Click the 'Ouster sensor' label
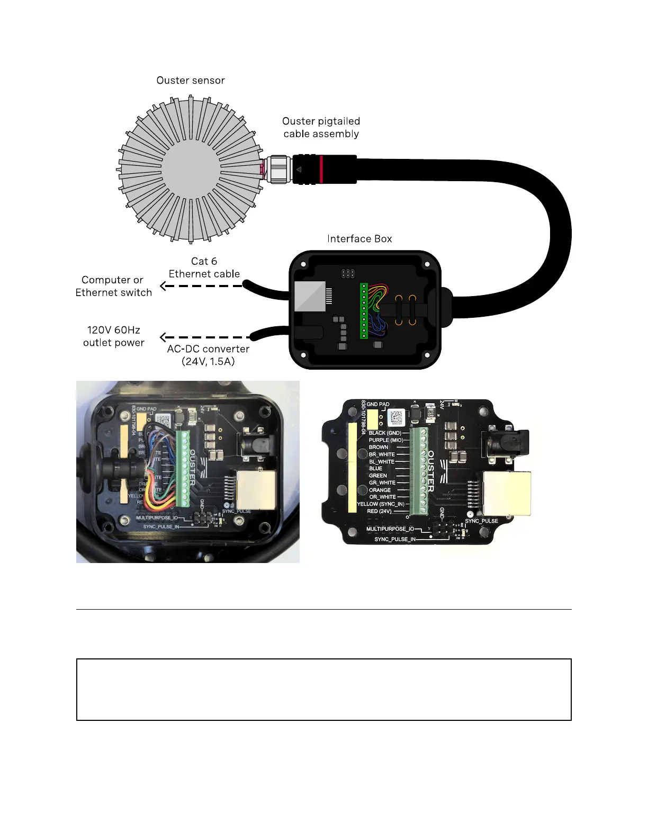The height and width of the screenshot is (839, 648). pyautogui.click(x=191, y=81)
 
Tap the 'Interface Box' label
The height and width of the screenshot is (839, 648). pyautogui.click(x=359, y=239)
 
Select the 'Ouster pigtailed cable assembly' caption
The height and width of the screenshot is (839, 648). pyautogui.click(x=321, y=128)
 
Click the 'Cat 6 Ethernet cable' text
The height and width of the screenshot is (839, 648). pyautogui.click(x=204, y=267)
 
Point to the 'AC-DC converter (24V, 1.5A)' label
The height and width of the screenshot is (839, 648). pyautogui.click(x=208, y=355)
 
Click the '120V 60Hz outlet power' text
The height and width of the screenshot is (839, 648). pyautogui.click(x=113, y=336)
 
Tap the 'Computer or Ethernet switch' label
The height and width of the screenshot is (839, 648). pyautogui.click(x=113, y=286)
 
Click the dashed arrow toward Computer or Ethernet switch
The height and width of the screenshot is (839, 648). pyautogui.click(x=201, y=286)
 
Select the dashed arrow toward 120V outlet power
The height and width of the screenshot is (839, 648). pyautogui.click(x=204, y=337)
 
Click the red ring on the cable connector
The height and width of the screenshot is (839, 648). pyautogui.click(x=321, y=169)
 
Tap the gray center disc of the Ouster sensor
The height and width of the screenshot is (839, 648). pyautogui.click(x=191, y=169)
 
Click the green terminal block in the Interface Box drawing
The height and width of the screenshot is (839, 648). pyautogui.click(x=364, y=311)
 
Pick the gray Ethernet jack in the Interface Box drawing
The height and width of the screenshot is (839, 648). pyautogui.click(x=310, y=296)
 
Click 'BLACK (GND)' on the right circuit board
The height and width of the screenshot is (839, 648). pyautogui.click(x=385, y=433)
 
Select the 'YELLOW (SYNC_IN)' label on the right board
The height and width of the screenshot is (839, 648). pyautogui.click(x=381, y=504)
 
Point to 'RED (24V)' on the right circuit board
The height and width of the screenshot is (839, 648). pyautogui.click(x=379, y=511)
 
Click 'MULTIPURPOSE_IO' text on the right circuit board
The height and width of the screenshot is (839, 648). pyautogui.click(x=390, y=529)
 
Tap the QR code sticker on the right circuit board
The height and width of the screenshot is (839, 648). pyautogui.click(x=396, y=417)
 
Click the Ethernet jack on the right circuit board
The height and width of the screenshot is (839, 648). pyautogui.click(x=507, y=493)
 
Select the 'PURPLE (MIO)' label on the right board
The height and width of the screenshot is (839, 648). pyautogui.click(x=385, y=440)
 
